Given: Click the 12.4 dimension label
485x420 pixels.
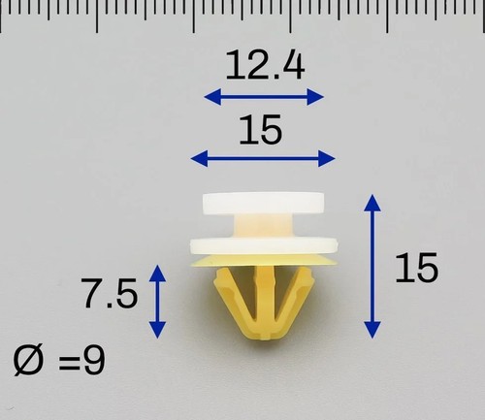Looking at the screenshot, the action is pyautogui.click(x=265, y=66).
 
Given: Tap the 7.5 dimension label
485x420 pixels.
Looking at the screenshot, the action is pyautogui.click(x=111, y=294).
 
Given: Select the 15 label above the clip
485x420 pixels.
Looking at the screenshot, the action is pyautogui.click(x=261, y=130).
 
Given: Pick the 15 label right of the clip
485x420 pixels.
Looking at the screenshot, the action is pyautogui.click(x=417, y=268).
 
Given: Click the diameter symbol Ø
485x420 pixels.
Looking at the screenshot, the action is pyautogui.click(x=28, y=360).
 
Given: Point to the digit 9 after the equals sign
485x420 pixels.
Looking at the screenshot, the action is pyautogui.click(x=94, y=360).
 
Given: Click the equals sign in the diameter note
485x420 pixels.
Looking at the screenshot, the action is pyautogui.click(x=69, y=363).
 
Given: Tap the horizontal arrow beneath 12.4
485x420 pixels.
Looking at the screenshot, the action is pyautogui.click(x=264, y=97).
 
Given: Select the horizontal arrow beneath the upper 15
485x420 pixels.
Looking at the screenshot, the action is pyautogui.click(x=263, y=158).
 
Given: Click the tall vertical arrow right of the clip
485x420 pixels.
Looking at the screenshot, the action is pyautogui.click(x=372, y=267).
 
